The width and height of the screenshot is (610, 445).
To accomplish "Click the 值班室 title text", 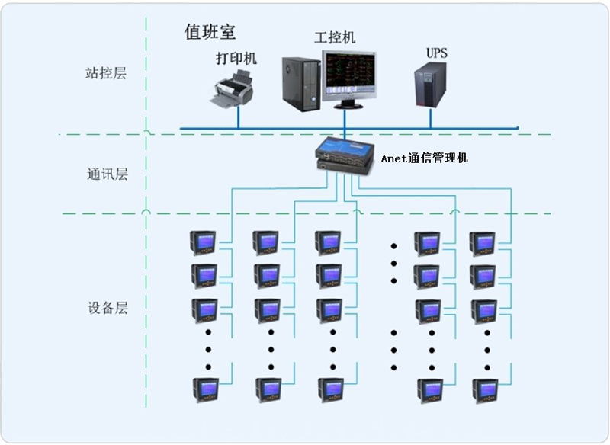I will [210, 32].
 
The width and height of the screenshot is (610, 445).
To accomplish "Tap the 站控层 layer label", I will [106, 74].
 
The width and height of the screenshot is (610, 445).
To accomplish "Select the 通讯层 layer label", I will [106, 174].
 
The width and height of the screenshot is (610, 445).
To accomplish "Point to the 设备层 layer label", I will [106, 309].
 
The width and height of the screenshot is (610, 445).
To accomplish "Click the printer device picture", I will [232, 88].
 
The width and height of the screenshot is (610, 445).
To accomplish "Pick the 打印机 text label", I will [236, 58].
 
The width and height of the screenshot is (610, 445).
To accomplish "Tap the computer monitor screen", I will [348, 76].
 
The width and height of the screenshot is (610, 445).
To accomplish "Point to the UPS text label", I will [437, 53].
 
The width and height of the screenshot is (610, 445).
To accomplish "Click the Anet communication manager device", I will [345, 153].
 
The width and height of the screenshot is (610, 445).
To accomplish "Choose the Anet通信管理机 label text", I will [425, 158].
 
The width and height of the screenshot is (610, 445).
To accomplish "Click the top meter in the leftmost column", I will [204, 243].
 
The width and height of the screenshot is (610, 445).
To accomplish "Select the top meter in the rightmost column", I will [482, 243].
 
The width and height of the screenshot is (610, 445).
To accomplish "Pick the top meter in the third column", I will [329, 243].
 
